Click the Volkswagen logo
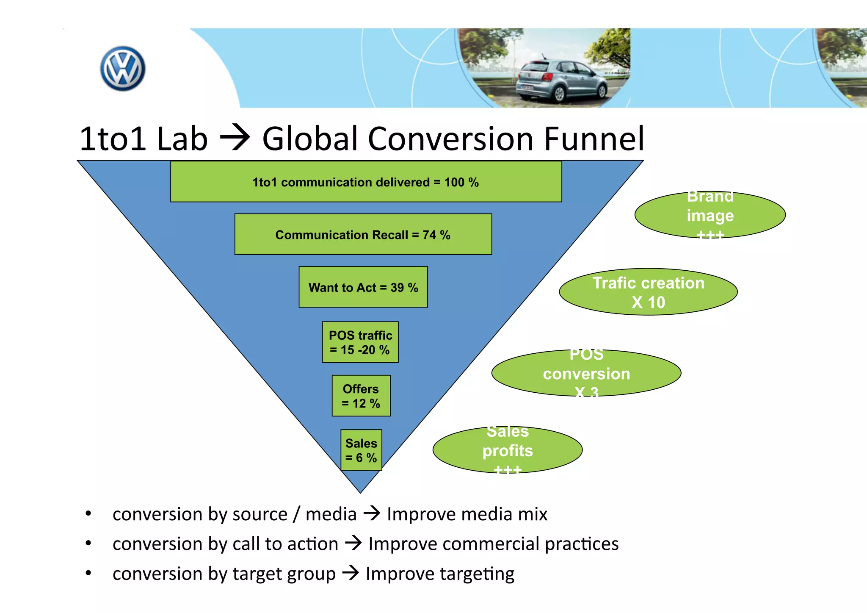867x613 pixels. pyautogui.click(x=123, y=69)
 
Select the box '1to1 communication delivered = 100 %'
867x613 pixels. pyautogui.click(x=366, y=182)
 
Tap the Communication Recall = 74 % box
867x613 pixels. pyautogui.click(x=363, y=234)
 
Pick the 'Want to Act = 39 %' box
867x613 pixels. pyautogui.click(x=363, y=287)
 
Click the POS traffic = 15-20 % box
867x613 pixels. pyautogui.click(x=360, y=342)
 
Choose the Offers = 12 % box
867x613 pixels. pyautogui.click(x=361, y=396)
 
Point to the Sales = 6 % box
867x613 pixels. pyautogui.click(x=361, y=450)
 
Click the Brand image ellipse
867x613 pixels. pyautogui.click(x=710, y=215)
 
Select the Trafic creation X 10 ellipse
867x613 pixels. pyautogui.click(x=648, y=292)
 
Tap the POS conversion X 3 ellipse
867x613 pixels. pyautogui.click(x=586, y=373)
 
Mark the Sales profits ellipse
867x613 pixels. pyautogui.click(x=507, y=450)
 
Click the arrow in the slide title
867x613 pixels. pyautogui.click(x=235, y=139)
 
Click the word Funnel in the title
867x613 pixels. pyautogui.click(x=594, y=139)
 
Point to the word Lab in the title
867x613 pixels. pyautogui.click(x=182, y=139)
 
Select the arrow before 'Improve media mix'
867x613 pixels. pyautogui.click(x=372, y=514)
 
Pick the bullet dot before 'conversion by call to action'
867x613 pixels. pyautogui.click(x=88, y=543)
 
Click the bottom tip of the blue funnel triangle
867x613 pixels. pyautogui.click(x=360, y=491)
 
